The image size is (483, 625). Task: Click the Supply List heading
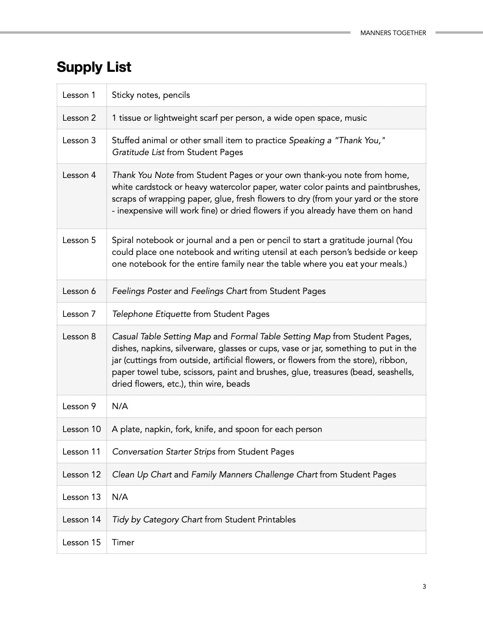(94, 67)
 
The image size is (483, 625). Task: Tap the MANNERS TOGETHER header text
(393, 33)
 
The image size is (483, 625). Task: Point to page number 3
(424, 587)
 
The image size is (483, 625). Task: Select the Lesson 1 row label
(79, 95)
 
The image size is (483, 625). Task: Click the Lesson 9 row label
(79, 406)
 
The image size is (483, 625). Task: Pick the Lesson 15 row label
(81, 543)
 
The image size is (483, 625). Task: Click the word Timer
(123, 543)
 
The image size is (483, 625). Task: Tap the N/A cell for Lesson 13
(120, 497)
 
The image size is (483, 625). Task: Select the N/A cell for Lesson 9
(120, 406)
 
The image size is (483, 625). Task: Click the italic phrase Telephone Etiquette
(151, 314)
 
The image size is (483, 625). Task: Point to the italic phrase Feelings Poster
(142, 291)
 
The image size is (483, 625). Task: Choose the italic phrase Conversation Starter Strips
(164, 452)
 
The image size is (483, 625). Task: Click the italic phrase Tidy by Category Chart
(157, 520)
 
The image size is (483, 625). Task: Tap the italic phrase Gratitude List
(138, 152)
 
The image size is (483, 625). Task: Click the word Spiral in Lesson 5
(123, 240)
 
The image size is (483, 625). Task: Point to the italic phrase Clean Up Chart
(142, 475)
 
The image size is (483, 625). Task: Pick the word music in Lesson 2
(356, 118)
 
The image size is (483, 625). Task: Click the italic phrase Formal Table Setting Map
(280, 337)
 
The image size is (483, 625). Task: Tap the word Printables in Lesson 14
(276, 520)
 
